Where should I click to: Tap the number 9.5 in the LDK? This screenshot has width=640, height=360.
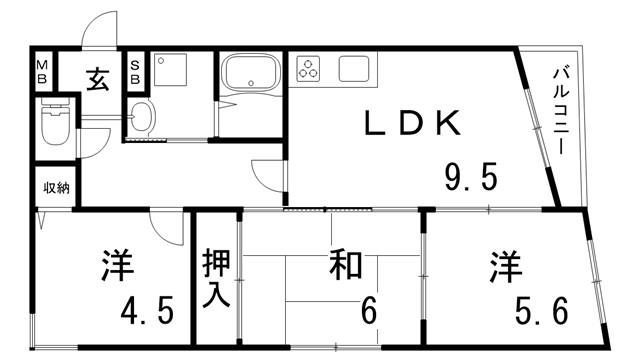[470, 179]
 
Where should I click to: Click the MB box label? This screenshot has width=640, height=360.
[43, 74]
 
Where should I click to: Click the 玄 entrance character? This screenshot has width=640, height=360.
[98, 76]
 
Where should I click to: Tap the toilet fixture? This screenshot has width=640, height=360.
[54, 124]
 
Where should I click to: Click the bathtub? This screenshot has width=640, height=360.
[251, 73]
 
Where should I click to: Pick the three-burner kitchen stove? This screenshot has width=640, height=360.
[309, 70]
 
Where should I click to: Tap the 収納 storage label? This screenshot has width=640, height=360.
[56, 188]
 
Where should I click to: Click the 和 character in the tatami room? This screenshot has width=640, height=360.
[344, 268]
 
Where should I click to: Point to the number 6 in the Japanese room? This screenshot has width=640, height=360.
[369, 310]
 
